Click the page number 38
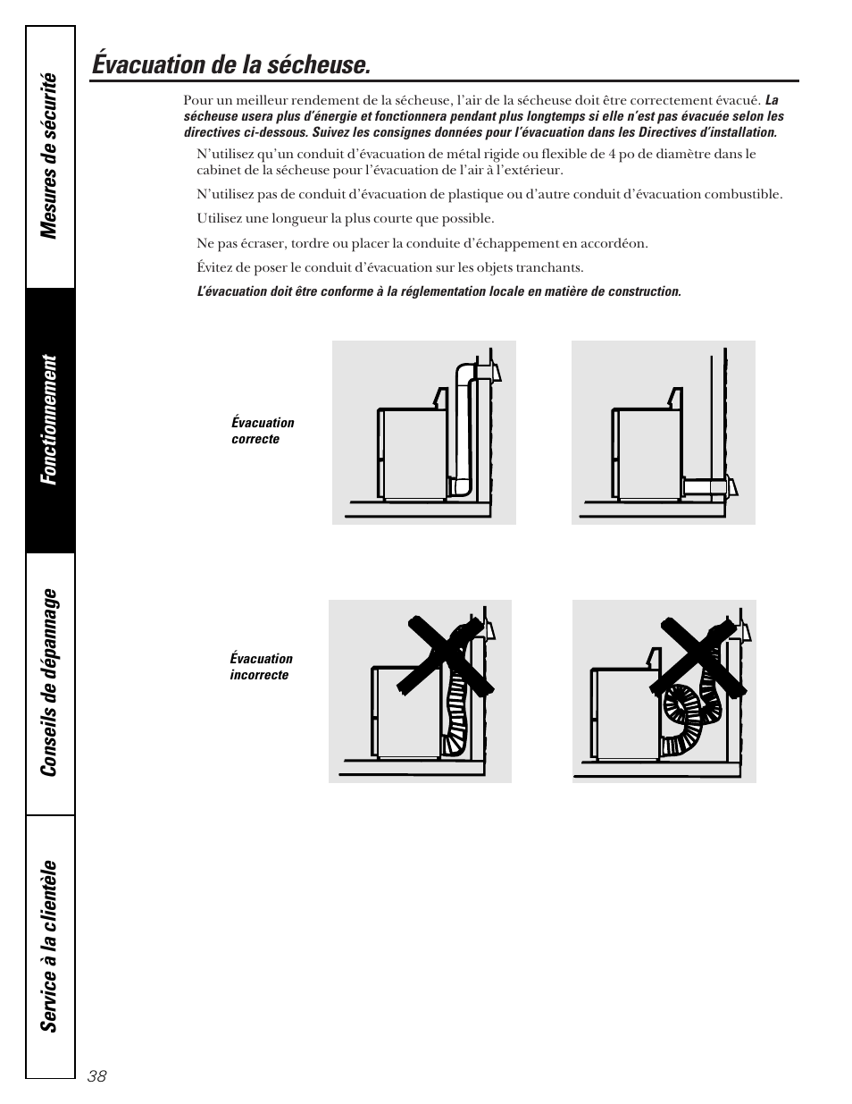pos(97,1076)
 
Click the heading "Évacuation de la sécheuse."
pos(230,64)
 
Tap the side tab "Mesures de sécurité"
pos(50,156)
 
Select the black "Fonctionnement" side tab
pos(50,420)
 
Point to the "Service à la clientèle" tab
pos(50,946)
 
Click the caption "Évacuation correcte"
pos(263,431)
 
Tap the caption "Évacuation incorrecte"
pos(261,667)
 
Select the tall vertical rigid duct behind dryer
pos(464,429)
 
